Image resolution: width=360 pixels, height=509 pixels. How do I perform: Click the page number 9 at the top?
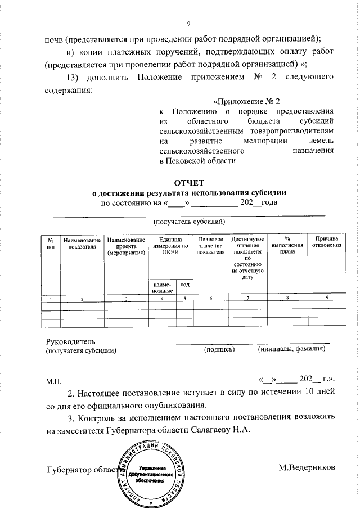(x=189, y=23)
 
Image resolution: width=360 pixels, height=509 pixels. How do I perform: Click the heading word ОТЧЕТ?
(x=189, y=182)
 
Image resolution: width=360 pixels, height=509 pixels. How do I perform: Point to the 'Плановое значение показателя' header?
(x=210, y=245)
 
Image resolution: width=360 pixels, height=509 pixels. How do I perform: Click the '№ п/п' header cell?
(x=51, y=242)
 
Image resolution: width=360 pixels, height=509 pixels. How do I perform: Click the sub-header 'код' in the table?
(x=184, y=285)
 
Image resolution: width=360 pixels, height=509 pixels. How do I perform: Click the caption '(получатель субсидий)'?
(x=189, y=222)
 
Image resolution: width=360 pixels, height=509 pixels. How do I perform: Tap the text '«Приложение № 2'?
(x=247, y=102)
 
